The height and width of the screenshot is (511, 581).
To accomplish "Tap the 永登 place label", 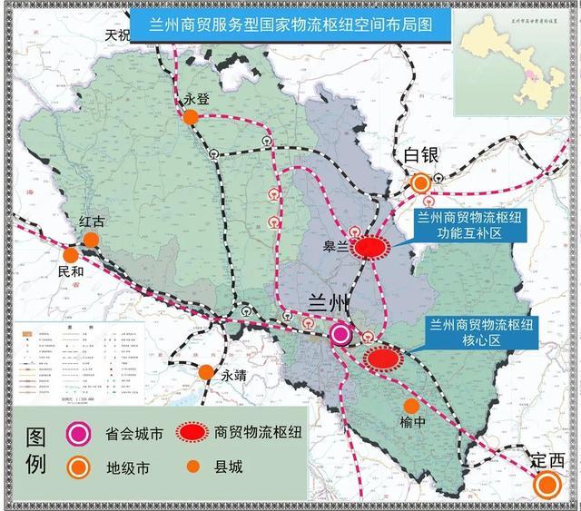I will click(x=196, y=101).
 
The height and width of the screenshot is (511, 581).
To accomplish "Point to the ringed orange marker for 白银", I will click(x=420, y=183).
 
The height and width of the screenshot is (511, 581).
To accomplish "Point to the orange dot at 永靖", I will click(x=207, y=372).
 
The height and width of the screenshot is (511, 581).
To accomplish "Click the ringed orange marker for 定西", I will click(x=547, y=486).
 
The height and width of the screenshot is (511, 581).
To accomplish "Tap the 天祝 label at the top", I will click(x=118, y=35).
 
